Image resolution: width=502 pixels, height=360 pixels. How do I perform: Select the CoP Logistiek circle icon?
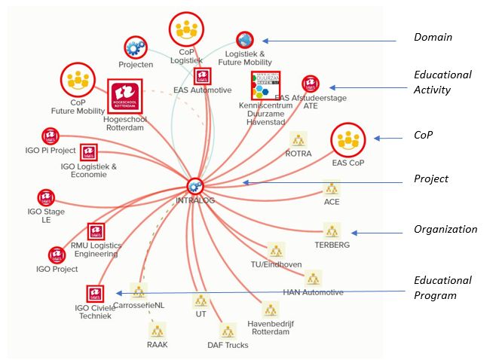point(185,29)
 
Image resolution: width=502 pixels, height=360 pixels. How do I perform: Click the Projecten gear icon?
point(136,47)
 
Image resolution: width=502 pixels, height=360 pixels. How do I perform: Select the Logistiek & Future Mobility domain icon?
point(244,40)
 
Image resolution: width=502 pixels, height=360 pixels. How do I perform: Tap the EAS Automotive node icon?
point(202,76)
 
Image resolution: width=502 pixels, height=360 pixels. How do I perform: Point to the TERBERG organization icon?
point(332,230)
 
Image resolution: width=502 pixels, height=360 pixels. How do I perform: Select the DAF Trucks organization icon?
point(228,331)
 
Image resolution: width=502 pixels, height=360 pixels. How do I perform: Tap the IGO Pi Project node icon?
point(49,136)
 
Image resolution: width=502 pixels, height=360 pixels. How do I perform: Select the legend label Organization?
point(445,229)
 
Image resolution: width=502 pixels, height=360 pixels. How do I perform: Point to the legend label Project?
point(431,178)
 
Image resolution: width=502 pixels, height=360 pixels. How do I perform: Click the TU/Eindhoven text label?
point(275,264)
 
